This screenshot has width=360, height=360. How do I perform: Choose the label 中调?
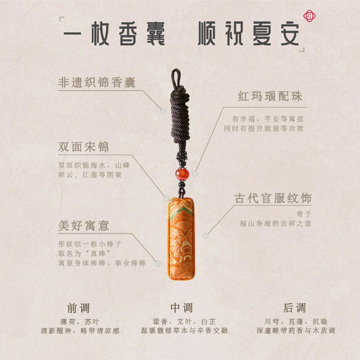point(180,307)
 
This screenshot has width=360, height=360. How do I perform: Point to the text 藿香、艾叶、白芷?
point(180,322)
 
